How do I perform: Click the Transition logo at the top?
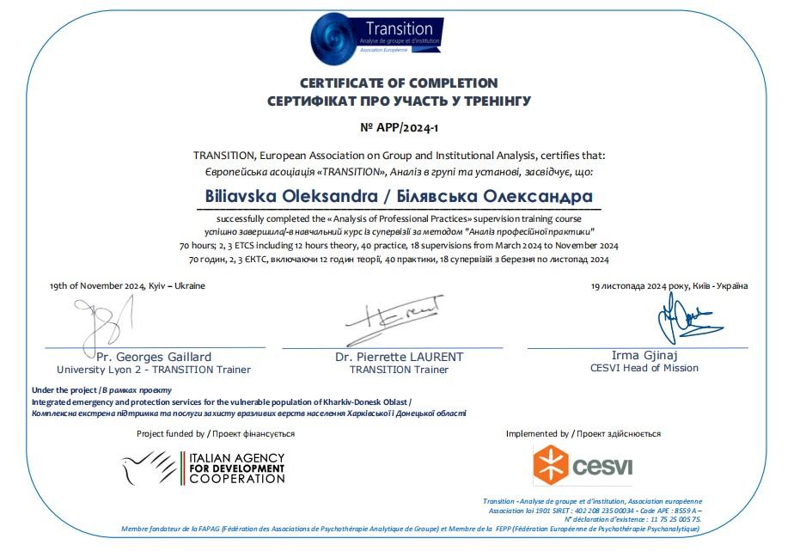(x=378, y=38)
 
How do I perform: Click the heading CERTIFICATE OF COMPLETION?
(x=399, y=83)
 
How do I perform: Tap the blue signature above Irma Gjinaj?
(x=679, y=322)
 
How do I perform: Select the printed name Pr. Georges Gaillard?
(x=154, y=357)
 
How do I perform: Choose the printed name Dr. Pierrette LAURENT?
(x=399, y=357)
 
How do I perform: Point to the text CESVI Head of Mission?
(x=644, y=368)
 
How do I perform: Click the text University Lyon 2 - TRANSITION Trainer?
(x=154, y=370)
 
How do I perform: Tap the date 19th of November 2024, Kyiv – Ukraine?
(x=127, y=285)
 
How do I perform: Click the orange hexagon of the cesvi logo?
(x=550, y=465)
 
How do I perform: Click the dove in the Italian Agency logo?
(x=148, y=467)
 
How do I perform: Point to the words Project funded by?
(x=170, y=434)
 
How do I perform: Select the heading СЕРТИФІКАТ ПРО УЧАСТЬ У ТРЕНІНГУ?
(x=399, y=101)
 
